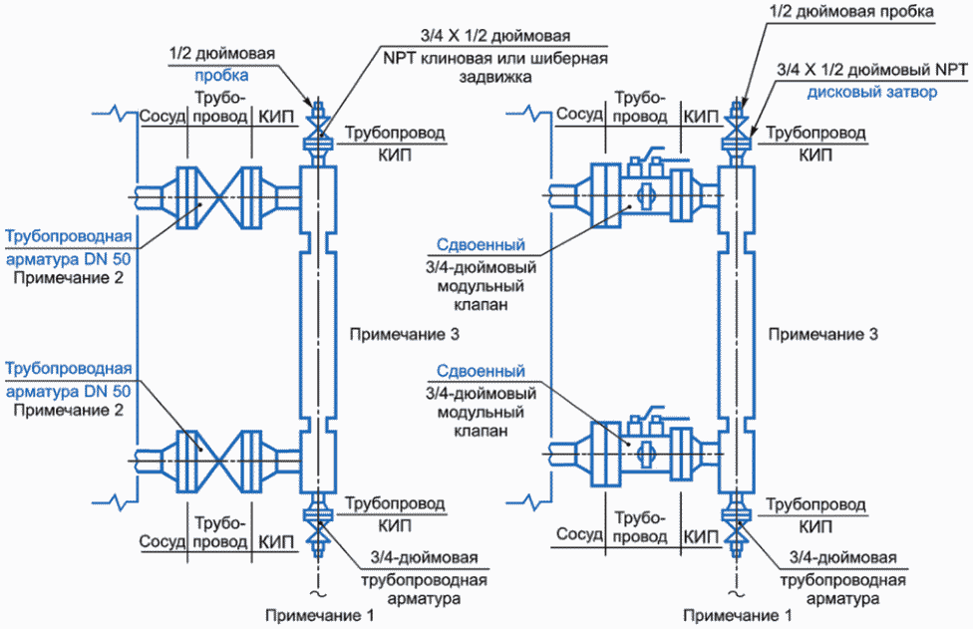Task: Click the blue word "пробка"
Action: (x=221, y=75)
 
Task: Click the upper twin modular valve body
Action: (x=644, y=192)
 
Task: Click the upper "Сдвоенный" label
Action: (x=482, y=246)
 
